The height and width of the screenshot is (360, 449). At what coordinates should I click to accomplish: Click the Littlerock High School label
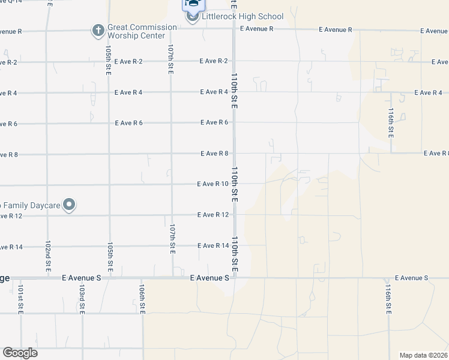243,16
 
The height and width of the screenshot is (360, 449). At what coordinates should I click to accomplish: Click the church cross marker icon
98,29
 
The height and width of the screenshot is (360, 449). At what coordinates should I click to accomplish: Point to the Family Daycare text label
30,206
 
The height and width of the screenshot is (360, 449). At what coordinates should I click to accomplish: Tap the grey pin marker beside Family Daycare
70,205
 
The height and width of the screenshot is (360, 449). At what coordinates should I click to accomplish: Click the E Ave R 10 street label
212,184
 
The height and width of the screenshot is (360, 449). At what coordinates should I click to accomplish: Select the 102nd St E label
48,257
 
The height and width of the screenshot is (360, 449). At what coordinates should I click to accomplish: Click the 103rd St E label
81,301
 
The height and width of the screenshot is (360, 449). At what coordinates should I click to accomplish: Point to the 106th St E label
142,301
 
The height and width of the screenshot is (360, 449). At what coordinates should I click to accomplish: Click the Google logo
20,353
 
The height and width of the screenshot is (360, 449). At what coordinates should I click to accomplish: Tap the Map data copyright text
424,355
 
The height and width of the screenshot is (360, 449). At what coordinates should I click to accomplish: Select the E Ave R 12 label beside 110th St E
213,215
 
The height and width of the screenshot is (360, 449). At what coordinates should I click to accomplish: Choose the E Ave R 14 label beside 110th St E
213,246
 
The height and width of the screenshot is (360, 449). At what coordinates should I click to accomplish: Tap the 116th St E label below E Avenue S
388,301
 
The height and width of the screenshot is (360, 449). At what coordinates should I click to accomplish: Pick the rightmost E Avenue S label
411,278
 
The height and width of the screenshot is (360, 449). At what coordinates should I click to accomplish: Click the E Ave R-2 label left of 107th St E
129,61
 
